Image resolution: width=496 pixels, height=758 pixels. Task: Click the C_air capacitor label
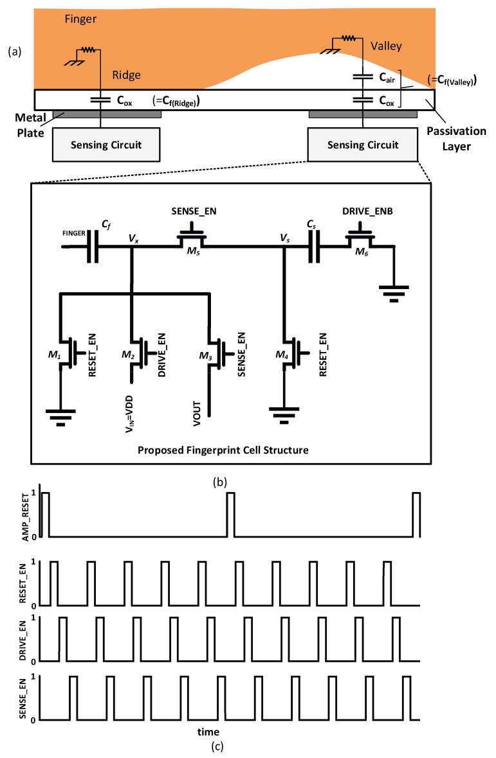pos(385,76)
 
